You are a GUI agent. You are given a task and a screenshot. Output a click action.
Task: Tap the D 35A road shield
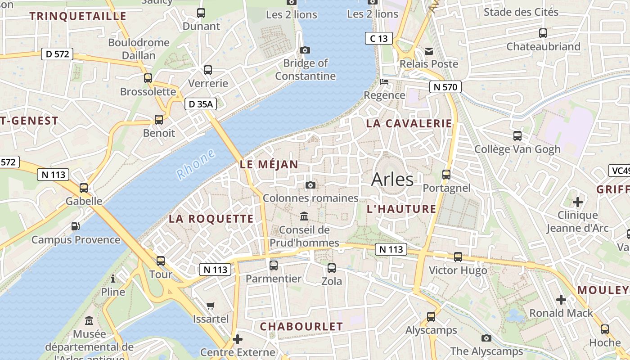coord(201,104)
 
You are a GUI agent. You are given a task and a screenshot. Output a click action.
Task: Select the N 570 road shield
coord(445,87)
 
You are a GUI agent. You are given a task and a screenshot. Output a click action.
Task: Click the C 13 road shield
coord(378,38)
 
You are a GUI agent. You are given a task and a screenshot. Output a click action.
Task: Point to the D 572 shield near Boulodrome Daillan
coord(57,54)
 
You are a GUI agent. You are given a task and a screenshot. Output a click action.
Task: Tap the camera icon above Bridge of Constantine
coord(305,50)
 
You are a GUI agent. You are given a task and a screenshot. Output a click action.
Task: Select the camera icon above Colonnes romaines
coord(310,185)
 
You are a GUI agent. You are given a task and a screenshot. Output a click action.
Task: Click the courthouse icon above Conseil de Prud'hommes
coord(304,216)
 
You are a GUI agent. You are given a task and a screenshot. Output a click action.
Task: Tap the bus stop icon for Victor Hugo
coord(458,257)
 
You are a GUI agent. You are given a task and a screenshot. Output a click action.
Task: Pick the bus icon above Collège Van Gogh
coord(517,135)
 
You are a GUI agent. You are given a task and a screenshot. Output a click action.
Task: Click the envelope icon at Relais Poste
coord(429,51)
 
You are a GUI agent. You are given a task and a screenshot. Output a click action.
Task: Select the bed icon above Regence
coord(384,82)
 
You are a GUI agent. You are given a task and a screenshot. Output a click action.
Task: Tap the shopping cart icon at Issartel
coord(210,306)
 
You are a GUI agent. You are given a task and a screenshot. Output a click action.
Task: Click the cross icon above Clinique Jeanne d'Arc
coord(578,202)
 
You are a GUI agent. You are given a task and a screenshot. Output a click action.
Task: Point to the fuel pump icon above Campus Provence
coord(76,226)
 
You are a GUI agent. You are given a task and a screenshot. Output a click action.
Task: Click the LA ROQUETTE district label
coord(211,219)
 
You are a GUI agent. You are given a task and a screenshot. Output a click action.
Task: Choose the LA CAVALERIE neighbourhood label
coord(409,123)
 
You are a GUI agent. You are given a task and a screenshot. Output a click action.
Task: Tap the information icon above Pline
coord(112,279)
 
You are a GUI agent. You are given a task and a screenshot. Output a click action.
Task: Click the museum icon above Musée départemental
coord(89,321)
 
